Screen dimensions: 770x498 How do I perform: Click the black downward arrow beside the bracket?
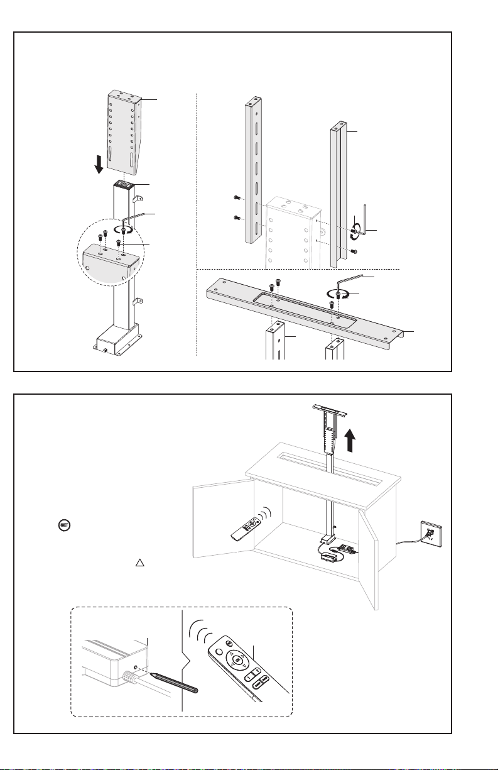99,166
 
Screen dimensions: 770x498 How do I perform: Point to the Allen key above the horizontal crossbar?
354,278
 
